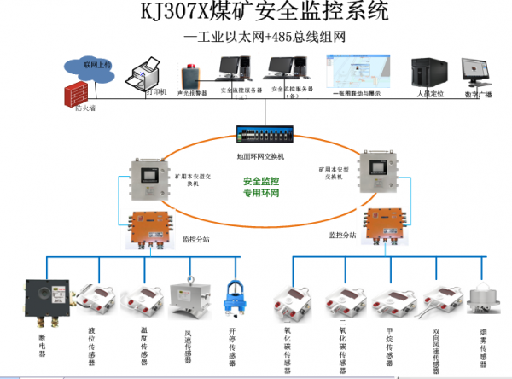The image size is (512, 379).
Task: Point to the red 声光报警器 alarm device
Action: pyautogui.click(x=188, y=74)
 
